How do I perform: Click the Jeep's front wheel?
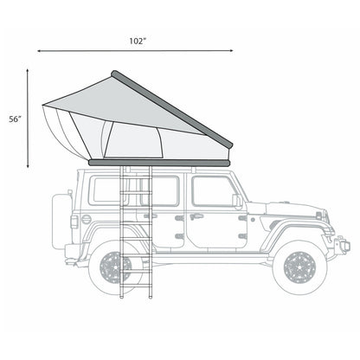tap(300, 266)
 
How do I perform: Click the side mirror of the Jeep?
tap(236, 201)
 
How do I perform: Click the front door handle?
tap(197, 215)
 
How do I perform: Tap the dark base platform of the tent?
tap(160, 162)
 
